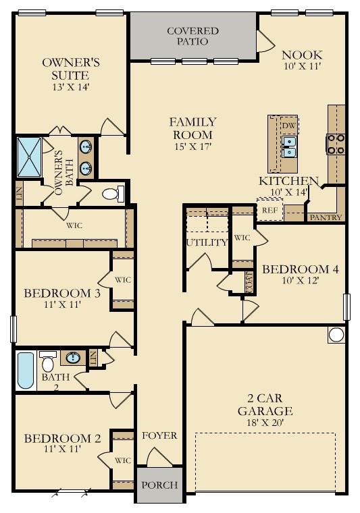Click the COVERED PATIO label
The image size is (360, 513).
coord(192,36)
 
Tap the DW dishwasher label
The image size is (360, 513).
coord(288,126)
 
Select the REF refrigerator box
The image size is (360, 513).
coord(269,210)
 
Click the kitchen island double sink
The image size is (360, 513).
coord(289,146)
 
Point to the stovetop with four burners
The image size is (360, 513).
coord(336,144)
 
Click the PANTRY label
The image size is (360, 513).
coord(326,217)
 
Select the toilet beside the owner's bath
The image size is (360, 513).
coord(112,194)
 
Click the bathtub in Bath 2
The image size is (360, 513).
coord(26,371)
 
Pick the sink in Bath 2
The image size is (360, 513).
coord(73,357)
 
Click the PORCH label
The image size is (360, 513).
coord(159,485)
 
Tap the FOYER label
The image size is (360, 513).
coord(159,435)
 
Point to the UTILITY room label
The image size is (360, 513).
coord(207,242)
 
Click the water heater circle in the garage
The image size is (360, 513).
coord(336,334)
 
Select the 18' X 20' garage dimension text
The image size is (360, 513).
coord(264,423)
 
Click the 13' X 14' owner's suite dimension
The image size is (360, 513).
coord(71,86)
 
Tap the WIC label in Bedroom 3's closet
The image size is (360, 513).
coord(122,279)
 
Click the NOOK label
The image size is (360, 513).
coord(302,55)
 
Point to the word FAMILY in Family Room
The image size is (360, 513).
coord(192,122)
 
